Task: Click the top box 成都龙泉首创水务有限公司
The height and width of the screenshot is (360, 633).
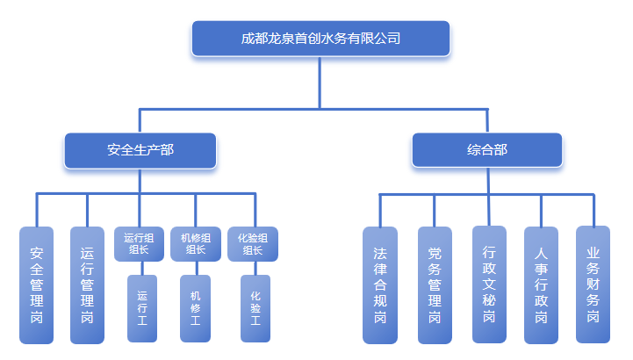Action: (x=320, y=39)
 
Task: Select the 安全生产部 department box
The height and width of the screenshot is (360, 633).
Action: (x=140, y=150)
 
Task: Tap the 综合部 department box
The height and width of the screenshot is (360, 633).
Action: (x=486, y=150)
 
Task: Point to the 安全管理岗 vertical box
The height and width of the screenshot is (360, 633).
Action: (x=37, y=285)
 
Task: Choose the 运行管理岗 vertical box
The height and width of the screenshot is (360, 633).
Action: (x=87, y=285)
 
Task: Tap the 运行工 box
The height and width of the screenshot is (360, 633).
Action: (x=142, y=308)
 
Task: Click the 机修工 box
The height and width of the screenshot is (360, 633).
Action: (x=195, y=308)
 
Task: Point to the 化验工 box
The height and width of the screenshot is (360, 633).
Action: (x=255, y=308)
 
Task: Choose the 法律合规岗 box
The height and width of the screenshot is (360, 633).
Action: (x=379, y=285)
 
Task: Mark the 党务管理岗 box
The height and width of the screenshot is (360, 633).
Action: (x=434, y=285)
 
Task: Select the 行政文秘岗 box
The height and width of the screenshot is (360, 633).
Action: (x=489, y=284)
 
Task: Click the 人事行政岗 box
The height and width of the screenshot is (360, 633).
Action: (x=541, y=285)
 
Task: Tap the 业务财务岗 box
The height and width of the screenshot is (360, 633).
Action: (x=593, y=284)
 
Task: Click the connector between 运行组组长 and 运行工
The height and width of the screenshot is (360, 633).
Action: (x=141, y=268)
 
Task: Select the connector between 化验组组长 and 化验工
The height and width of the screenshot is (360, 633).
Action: (x=255, y=268)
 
